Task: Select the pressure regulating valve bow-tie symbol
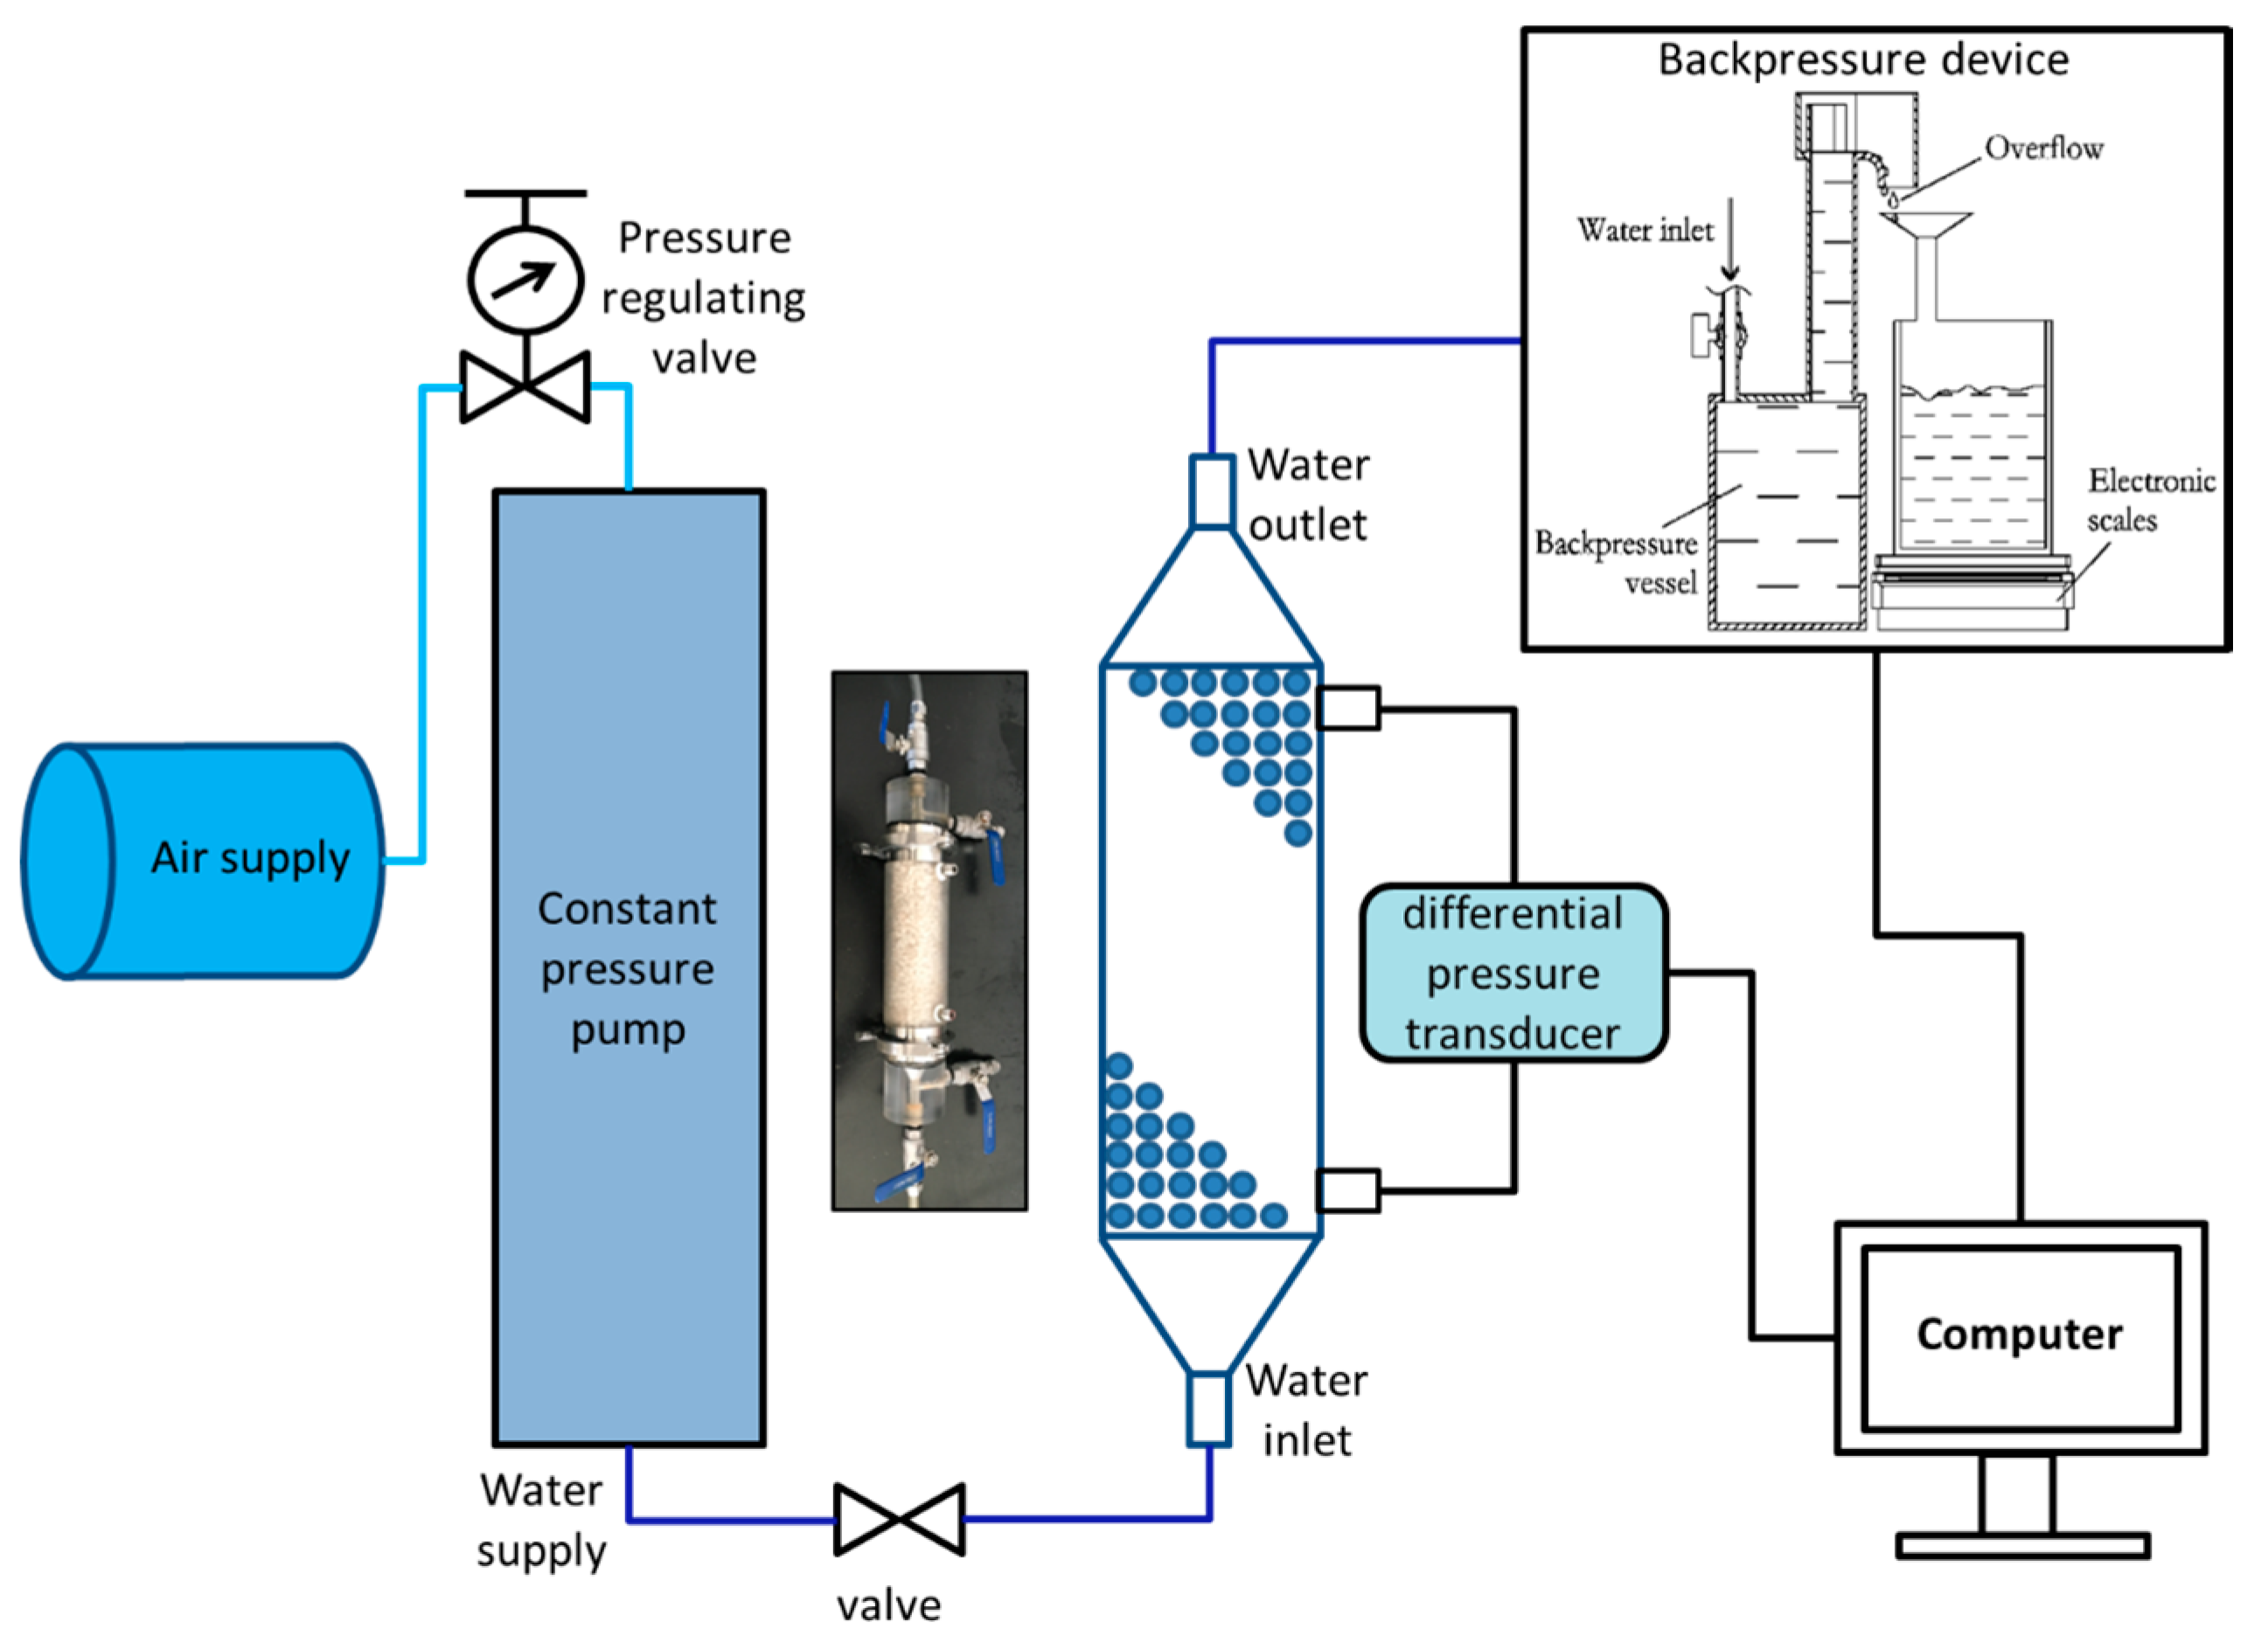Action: click(x=525, y=386)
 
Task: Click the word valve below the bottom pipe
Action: click(x=889, y=1605)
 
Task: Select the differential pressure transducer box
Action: click(x=1513, y=973)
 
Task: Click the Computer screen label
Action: click(x=2021, y=1334)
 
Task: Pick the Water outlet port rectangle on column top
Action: click(x=1213, y=490)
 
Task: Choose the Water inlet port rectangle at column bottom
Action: click(x=1209, y=1408)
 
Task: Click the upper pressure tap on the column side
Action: click(x=1348, y=708)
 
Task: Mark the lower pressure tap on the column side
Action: click(x=1348, y=1189)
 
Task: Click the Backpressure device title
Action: click(x=1863, y=59)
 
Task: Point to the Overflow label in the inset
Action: click(x=2043, y=149)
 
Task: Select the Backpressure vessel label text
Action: click(x=1617, y=562)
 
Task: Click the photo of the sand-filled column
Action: click(x=929, y=939)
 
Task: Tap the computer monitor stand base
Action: click(x=2022, y=1545)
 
